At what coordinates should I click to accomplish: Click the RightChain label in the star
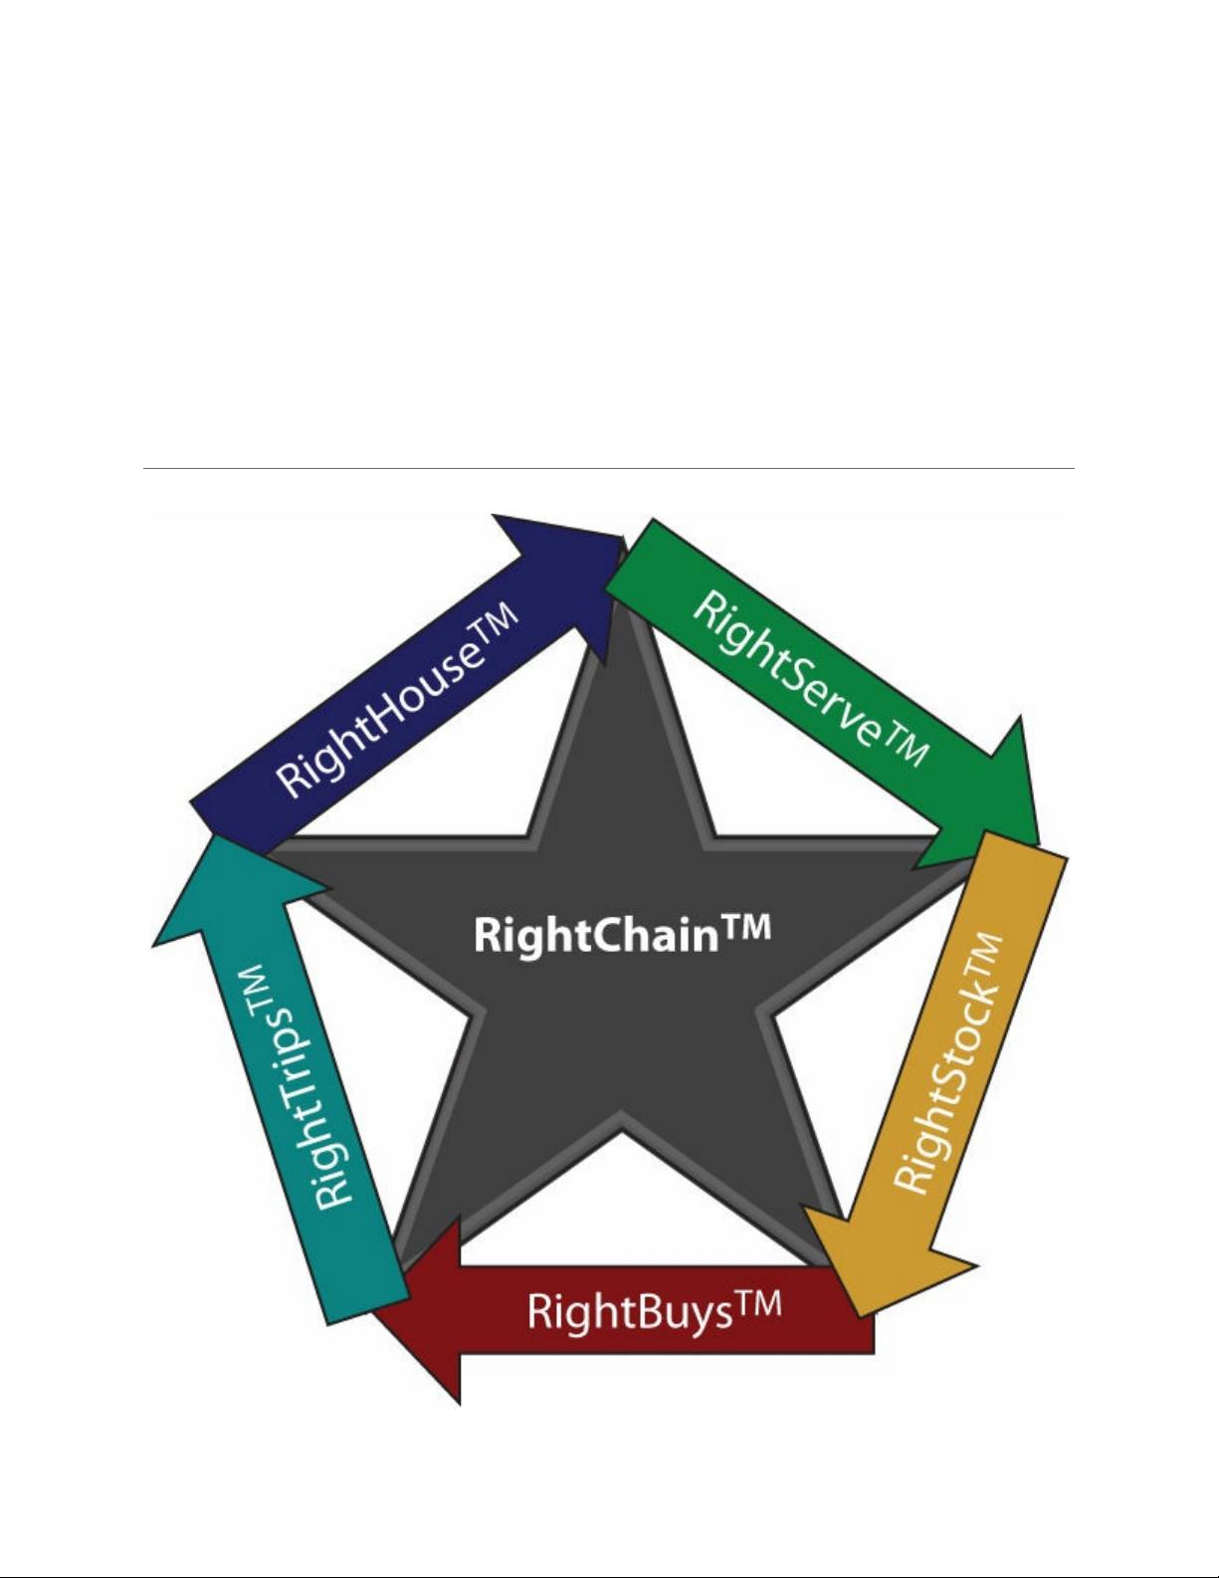[622, 935]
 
